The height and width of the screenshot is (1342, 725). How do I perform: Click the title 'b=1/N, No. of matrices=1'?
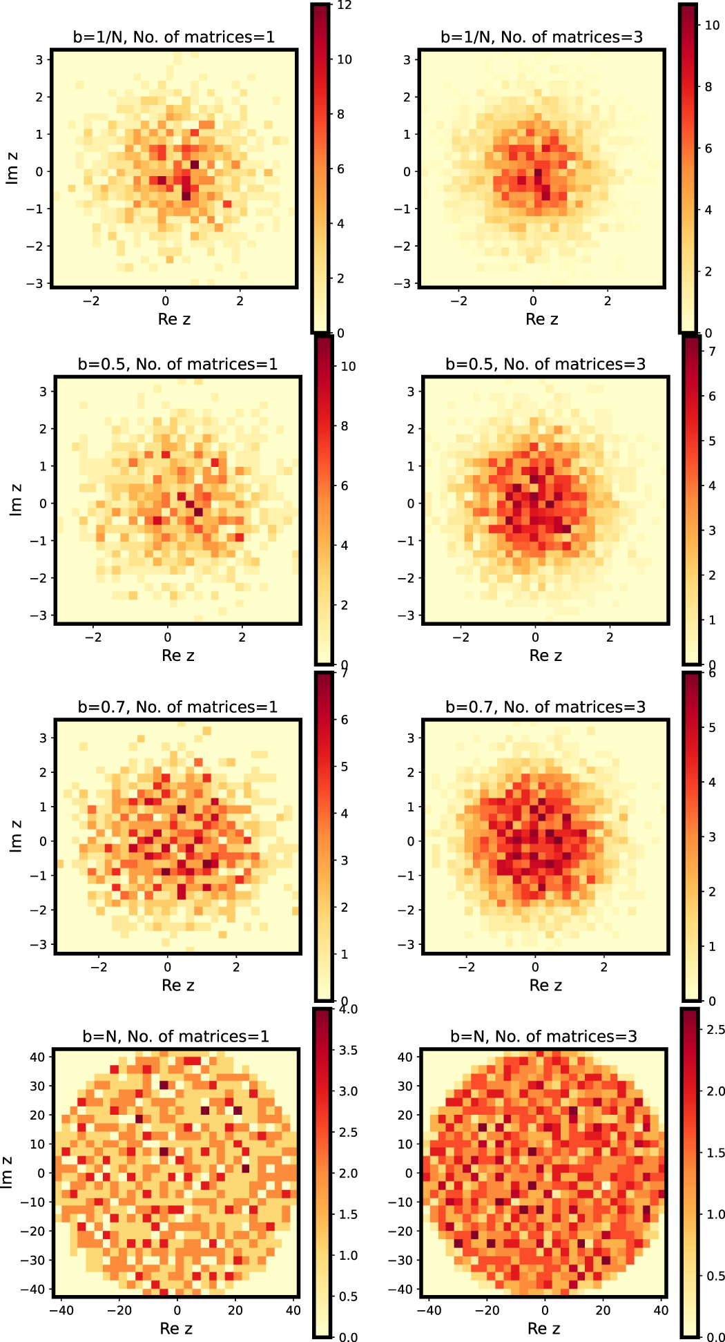(x=174, y=37)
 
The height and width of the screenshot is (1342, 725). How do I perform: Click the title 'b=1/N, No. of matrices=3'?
(x=542, y=37)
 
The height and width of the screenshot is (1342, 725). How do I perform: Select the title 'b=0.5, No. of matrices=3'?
(x=545, y=364)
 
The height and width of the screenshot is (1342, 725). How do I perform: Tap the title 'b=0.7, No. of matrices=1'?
(x=177, y=707)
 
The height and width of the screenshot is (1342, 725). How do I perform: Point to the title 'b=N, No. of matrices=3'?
(x=543, y=1036)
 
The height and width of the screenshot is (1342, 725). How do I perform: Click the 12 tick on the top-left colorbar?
(x=344, y=6)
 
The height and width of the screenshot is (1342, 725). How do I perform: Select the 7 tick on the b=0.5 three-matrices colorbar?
(x=712, y=352)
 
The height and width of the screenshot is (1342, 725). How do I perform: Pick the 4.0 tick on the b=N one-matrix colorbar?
(x=348, y=1010)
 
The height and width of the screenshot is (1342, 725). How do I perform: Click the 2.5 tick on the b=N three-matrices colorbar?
(x=715, y=1030)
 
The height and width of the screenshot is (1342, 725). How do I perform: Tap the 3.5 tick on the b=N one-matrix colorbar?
(x=348, y=1051)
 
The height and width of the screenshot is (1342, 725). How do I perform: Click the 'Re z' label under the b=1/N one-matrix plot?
(x=174, y=319)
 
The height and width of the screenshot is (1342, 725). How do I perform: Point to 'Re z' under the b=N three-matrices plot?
(x=543, y=1328)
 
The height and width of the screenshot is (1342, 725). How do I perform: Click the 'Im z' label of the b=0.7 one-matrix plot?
(x=15, y=836)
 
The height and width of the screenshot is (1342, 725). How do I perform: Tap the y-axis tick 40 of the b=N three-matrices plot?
(x=405, y=1057)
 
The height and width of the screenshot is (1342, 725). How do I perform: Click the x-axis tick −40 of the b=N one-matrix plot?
(x=61, y=1310)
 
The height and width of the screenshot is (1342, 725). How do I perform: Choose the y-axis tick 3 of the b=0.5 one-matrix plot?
(x=43, y=392)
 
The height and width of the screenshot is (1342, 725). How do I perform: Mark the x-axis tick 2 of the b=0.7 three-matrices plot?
(x=604, y=967)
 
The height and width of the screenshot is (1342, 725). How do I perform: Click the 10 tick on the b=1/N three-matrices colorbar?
(x=712, y=25)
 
